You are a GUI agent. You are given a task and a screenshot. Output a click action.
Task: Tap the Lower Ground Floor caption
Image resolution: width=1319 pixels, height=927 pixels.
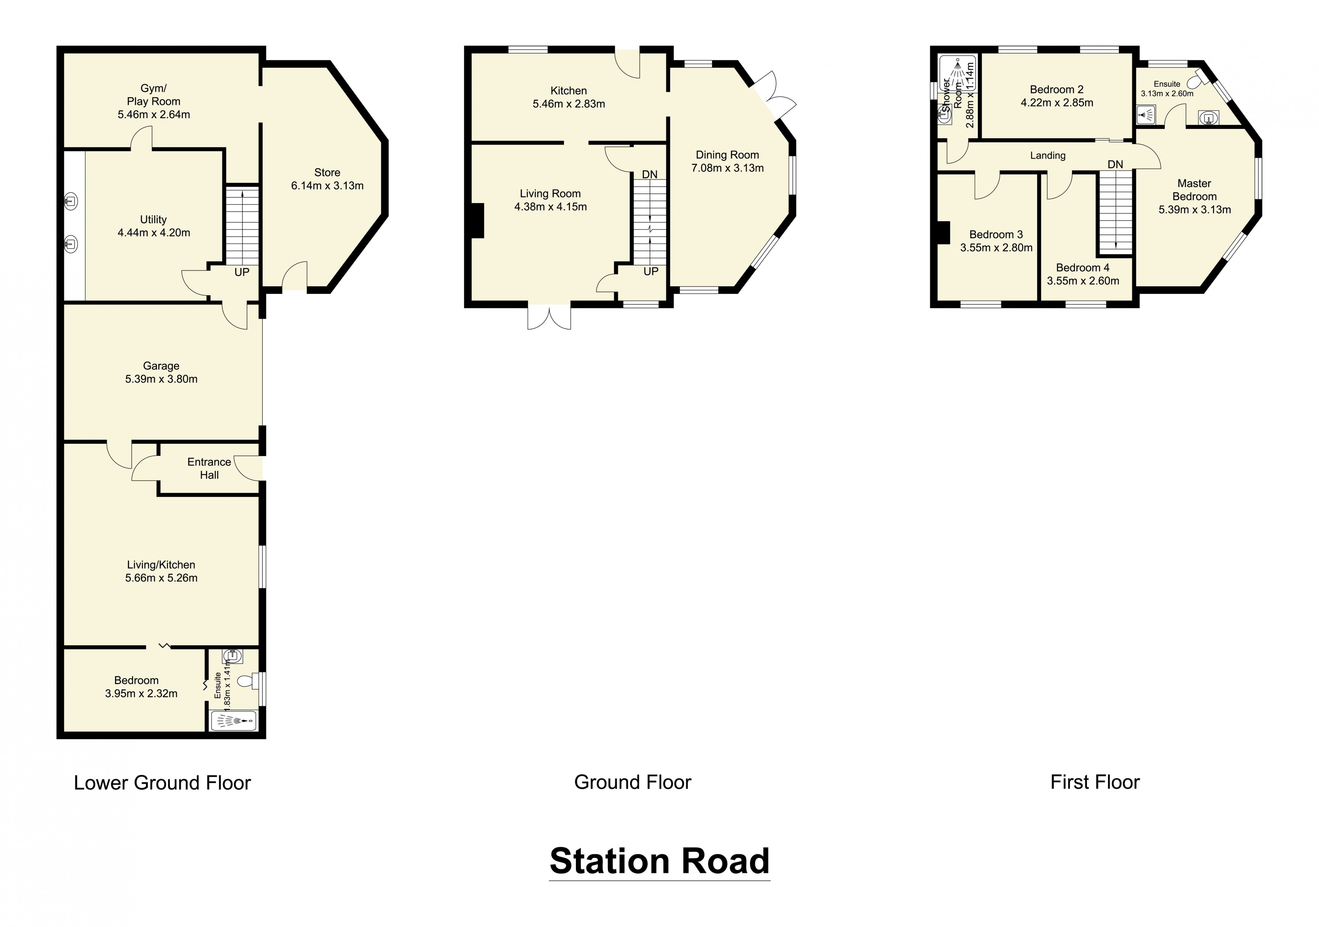pos(163,783)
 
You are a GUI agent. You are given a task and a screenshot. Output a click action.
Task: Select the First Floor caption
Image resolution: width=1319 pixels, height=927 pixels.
pos(1094,782)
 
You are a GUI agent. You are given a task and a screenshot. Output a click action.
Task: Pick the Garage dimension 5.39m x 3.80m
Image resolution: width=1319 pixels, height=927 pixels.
pos(161,379)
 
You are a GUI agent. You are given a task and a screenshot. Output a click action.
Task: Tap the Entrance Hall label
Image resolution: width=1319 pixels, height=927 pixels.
pos(209,468)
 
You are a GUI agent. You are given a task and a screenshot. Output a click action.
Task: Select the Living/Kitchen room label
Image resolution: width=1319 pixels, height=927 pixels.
pos(161,565)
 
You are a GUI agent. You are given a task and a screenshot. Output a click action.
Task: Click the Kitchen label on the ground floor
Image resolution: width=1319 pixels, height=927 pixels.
pos(569,91)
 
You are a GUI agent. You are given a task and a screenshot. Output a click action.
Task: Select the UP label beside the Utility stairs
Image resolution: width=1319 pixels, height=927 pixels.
pos(242,272)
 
